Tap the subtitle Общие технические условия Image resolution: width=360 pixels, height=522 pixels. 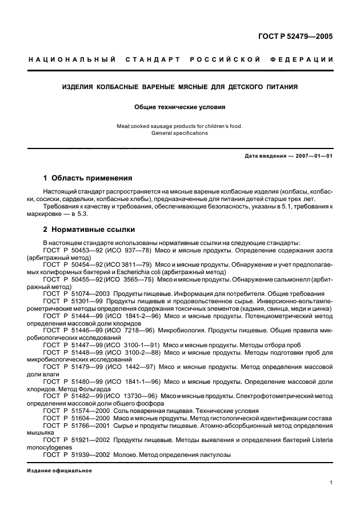(180, 106)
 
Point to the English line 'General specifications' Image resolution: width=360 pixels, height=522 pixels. (179, 133)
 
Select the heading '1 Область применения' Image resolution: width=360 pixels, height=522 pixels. (88, 178)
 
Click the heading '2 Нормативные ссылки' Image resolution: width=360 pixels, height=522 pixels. (89, 230)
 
